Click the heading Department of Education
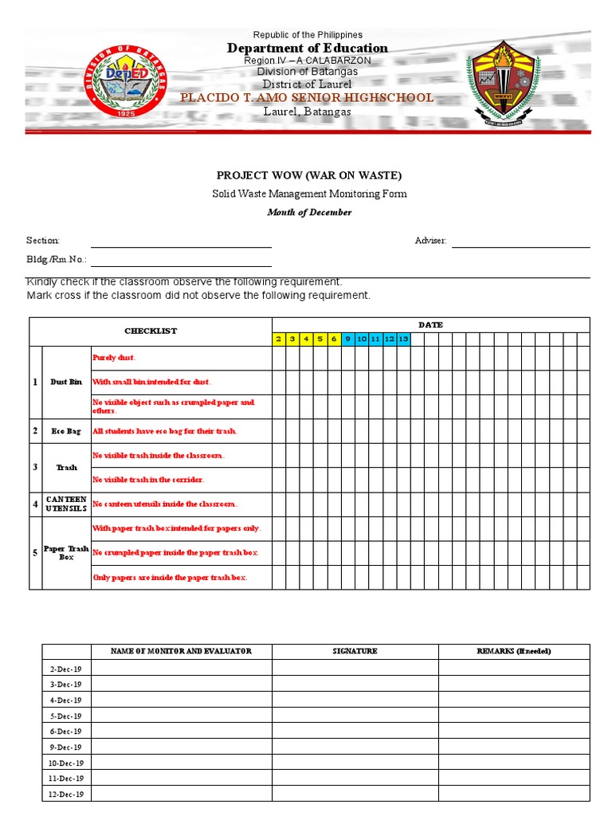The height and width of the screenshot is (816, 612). point(308,48)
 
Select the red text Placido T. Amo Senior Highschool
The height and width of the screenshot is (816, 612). point(307,98)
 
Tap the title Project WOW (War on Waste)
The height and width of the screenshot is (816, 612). point(309,175)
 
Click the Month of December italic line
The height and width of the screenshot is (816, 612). point(309,213)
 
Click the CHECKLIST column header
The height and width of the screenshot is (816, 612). point(151,331)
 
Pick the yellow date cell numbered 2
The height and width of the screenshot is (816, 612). point(279,339)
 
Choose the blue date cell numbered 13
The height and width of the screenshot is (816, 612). point(403,339)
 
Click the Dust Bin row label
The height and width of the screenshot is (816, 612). point(66,382)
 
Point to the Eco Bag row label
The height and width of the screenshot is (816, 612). point(66,431)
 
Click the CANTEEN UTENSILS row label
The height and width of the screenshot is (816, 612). point(66,504)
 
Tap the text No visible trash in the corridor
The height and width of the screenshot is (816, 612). point(149,480)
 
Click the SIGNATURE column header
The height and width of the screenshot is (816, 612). point(355,651)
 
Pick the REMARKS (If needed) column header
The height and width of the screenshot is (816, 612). point(513,651)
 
